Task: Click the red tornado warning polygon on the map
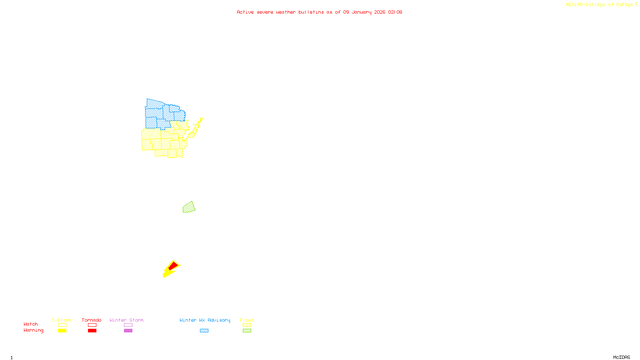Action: click(173, 266)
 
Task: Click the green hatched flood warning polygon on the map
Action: click(189, 207)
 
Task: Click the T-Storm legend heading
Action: click(62, 320)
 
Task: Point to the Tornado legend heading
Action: click(92, 320)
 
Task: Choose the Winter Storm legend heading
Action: click(126, 320)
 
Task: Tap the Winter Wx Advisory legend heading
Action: click(205, 320)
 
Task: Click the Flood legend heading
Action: click(247, 320)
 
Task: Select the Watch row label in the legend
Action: click(31, 324)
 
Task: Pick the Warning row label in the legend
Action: click(34, 330)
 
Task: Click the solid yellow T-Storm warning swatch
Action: click(62, 331)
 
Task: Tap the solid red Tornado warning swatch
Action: click(92, 331)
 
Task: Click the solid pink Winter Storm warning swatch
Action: click(128, 331)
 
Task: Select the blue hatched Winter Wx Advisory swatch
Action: click(204, 331)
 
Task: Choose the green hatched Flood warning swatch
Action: click(247, 331)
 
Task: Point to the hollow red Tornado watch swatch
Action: click(92, 325)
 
